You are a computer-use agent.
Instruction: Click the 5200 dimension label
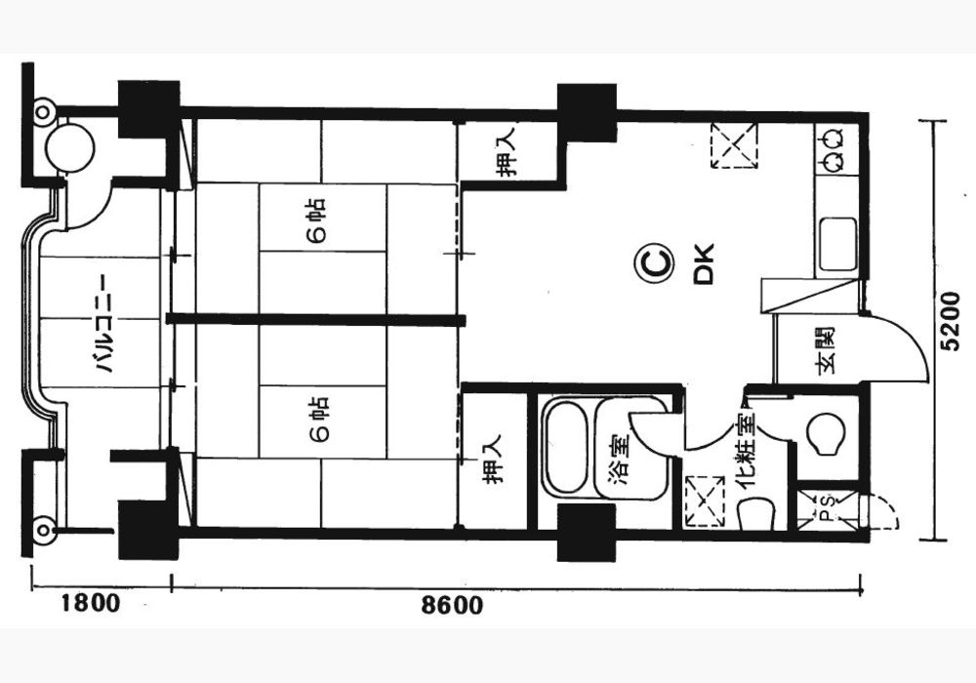[952, 330]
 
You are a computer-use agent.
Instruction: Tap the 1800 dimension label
[90, 603]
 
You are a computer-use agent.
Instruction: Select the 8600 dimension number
[452, 605]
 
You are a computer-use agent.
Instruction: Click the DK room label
[704, 264]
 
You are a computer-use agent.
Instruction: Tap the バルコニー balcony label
[102, 324]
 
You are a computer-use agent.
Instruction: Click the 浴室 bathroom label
[618, 459]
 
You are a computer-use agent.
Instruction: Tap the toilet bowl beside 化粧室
[826, 433]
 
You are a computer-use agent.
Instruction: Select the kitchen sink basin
[837, 245]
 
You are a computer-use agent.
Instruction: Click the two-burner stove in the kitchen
[835, 149]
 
